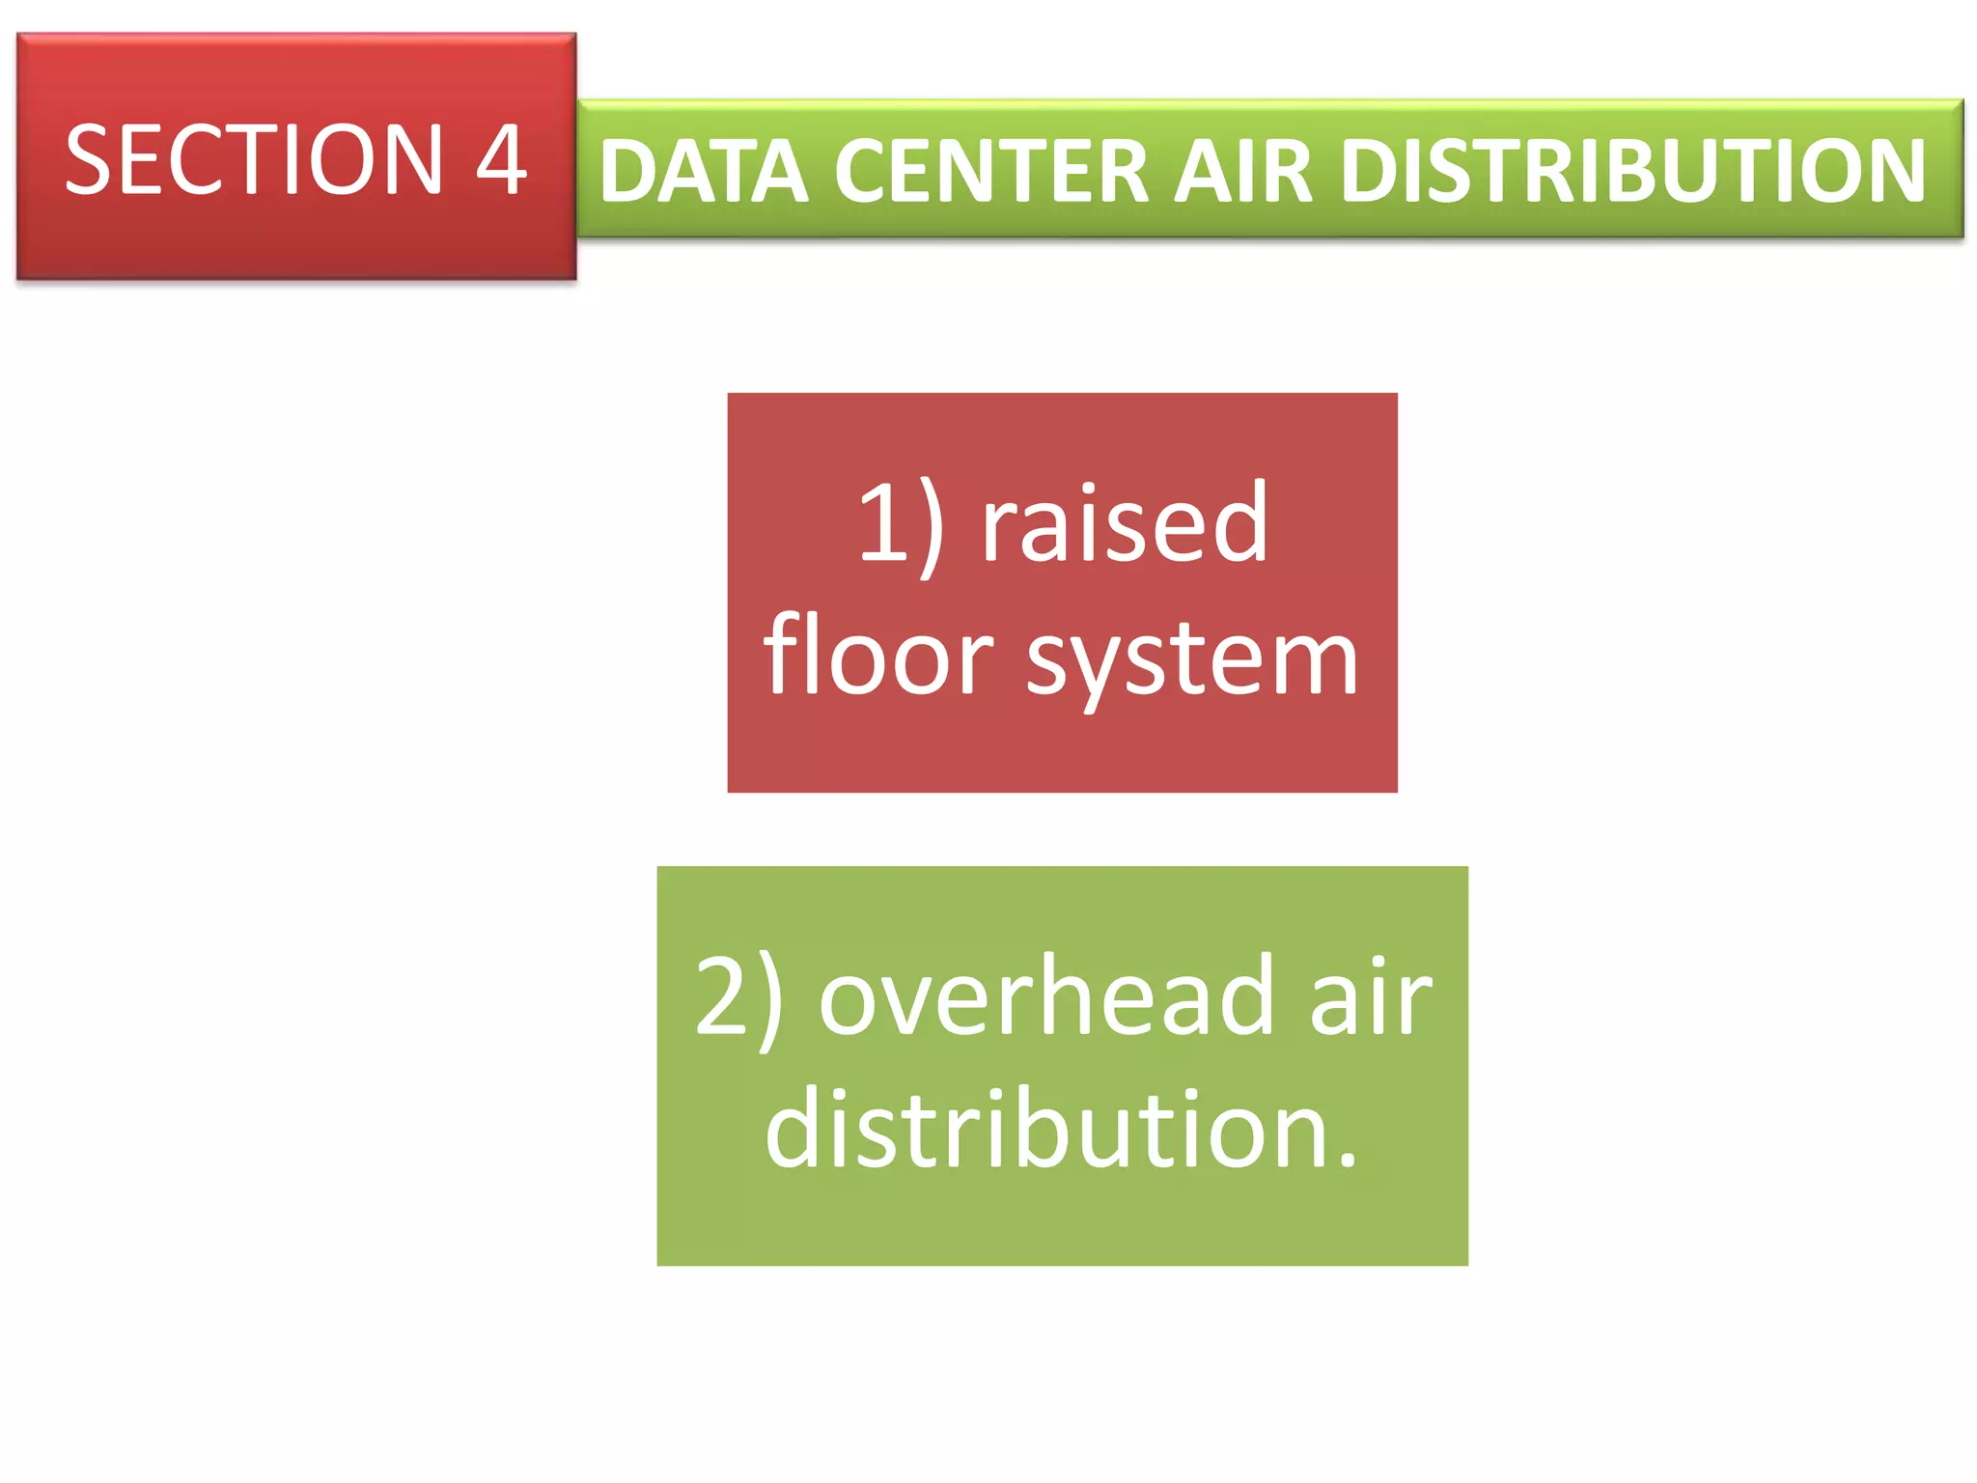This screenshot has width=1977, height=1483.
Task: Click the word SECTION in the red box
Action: [x=253, y=159]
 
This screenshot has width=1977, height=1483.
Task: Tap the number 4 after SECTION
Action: [x=501, y=159]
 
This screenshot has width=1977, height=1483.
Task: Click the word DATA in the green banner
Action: [x=704, y=172]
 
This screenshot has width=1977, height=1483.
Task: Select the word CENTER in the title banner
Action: [x=990, y=172]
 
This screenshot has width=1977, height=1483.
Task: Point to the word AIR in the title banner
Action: [x=1243, y=172]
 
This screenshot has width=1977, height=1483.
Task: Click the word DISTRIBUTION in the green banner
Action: [x=1633, y=172]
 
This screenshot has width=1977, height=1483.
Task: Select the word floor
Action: [x=877, y=657]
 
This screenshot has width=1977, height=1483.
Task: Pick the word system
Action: [x=1192, y=661]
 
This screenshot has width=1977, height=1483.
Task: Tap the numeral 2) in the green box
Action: [x=738, y=996]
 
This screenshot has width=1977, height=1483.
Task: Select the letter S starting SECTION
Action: [x=90, y=159]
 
